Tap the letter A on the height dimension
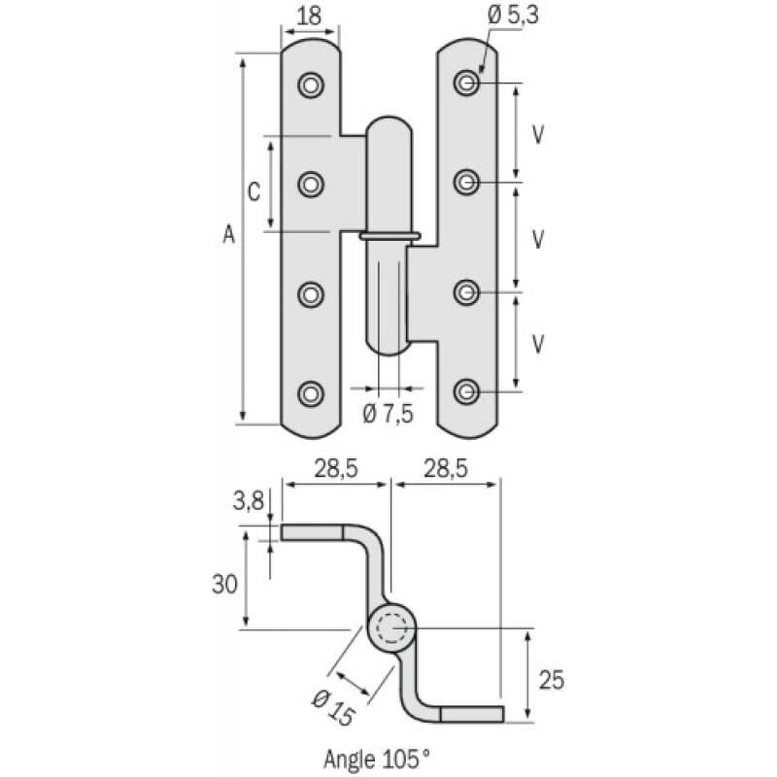click(x=228, y=235)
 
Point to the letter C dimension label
click(x=253, y=191)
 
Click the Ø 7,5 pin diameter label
click(x=388, y=413)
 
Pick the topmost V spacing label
click(x=537, y=133)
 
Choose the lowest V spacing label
click(x=537, y=343)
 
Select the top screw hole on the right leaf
click(x=468, y=84)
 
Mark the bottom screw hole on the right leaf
click(x=468, y=391)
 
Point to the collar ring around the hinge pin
click(x=388, y=235)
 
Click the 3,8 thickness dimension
click(x=249, y=502)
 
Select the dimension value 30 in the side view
click(x=225, y=583)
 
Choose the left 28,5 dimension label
click(x=335, y=468)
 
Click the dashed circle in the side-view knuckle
click(x=391, y=629)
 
